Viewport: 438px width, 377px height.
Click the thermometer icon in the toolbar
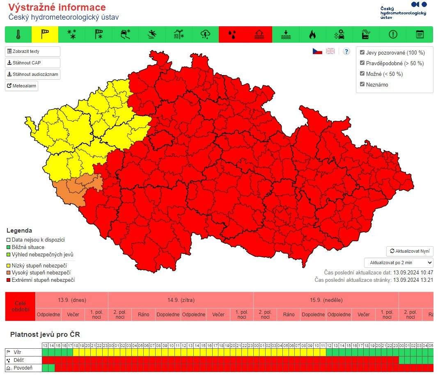[x=18, y=34]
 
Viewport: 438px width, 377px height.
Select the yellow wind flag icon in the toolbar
[x=45, y=34]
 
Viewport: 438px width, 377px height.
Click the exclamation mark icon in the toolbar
[x=393, y=34]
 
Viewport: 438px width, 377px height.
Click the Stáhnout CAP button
[x=32, y=63]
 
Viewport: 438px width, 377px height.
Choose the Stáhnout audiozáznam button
[x=32, y=75]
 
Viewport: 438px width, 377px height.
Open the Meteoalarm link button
[x=21, y=86]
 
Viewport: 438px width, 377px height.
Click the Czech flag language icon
[x=317, y=51]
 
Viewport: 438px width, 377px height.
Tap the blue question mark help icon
[x=346, y=51]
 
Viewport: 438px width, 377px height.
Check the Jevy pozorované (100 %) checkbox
[x=362, y=53]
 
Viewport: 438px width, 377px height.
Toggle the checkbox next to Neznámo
[x=362, y=85]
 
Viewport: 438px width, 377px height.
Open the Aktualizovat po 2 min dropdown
[x=398, y=263]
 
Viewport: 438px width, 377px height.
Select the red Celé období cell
[x=20, y=306]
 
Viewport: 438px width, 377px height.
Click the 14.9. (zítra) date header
[x=181, y=300]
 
